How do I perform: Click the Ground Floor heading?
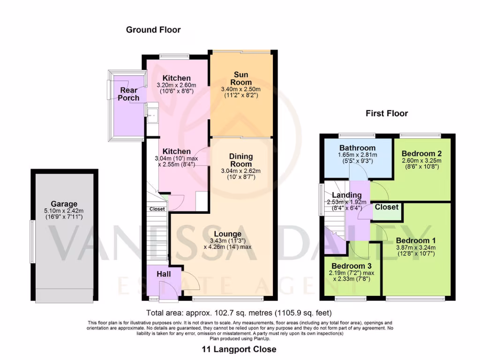153,30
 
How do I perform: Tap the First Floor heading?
387,113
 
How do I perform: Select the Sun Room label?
241,78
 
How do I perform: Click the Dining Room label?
241,160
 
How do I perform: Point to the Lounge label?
227,234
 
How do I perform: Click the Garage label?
64,204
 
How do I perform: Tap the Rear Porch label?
129,94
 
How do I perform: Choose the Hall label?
164,274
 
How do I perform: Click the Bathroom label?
358,148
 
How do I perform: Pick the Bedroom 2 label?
421,153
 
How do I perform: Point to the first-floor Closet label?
387,207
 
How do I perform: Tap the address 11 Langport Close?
239,349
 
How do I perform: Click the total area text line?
240,313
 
